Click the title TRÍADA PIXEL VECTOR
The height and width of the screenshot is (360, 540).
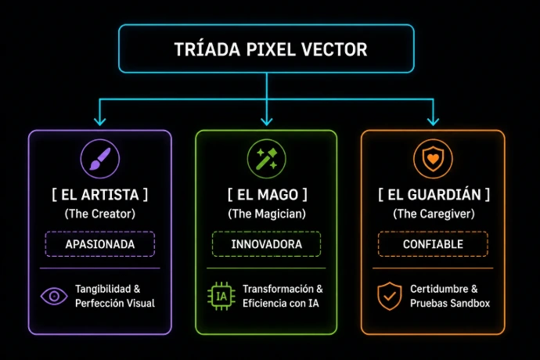pos(271,49)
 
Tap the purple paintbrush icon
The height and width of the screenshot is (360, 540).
pos(100,159)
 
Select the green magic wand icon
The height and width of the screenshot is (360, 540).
pos(267,159)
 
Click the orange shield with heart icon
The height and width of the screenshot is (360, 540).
pos(433,159)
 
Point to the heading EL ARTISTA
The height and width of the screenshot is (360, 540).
pos(100,195)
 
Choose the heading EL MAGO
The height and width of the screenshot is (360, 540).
pos(267,195)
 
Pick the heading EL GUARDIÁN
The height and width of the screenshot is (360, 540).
pos(434,195)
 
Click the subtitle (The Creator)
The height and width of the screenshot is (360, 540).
pos(100,214)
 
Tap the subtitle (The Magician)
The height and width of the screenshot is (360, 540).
pos(267,214)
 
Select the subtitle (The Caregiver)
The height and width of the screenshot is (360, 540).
pos(434,214)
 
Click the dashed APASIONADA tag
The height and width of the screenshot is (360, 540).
pos(100,244)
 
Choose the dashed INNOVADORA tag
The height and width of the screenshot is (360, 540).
pos(267,244)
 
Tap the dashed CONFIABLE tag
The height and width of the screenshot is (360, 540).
pos(433,244)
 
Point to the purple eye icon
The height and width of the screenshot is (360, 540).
pos(54,296)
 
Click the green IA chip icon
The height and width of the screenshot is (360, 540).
pos(221,296)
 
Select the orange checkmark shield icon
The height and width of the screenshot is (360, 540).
pos(390,296)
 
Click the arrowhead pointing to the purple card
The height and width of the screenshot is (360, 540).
pos(100,121)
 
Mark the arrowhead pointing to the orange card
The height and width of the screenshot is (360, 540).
pos(433,121)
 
